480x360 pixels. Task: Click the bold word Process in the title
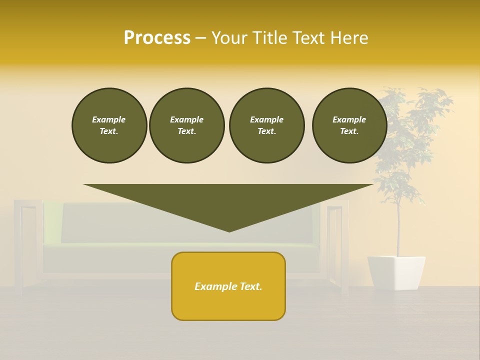pyautogui.click(x=157, y=38)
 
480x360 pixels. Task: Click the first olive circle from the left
pyautogui.click(x=109, y=125)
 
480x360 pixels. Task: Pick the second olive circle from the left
pyautogui.click(x=186, y=125)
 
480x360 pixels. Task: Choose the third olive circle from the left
pyautogui.click(x=266, y=125)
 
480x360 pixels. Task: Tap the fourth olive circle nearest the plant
pyautogui.click(x=349, y=125)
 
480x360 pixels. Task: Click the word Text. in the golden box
pyautogui.click(x=250, y=286)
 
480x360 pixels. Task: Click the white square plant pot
pyautogui.click(x=396, y=272)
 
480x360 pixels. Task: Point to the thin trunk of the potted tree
pyautogui.click(x=398, y=230)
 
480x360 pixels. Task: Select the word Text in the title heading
pyautogui.click(x=306, y=38)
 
